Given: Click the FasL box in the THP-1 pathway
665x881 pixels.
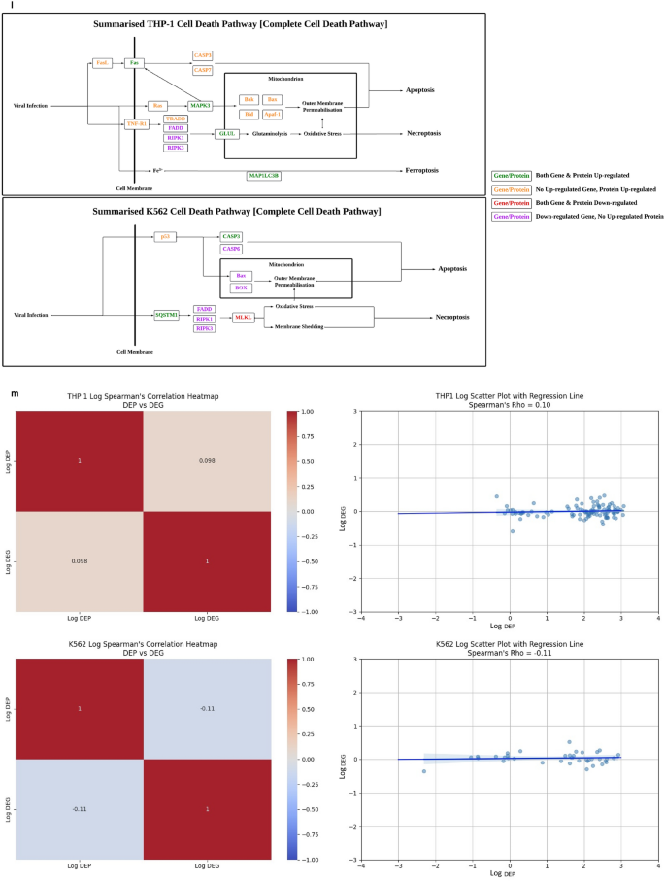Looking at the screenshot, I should pos(102,63).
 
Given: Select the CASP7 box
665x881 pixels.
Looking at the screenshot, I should pos(203,70).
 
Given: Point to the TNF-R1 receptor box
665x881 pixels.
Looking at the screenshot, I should pos(137,124).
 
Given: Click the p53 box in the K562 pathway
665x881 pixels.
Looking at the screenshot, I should pos(166,236).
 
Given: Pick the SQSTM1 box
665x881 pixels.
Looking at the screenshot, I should pos(168,315).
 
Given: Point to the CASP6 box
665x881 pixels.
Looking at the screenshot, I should pos(231,249).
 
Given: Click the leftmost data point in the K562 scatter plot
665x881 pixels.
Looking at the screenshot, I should pos(424,771).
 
